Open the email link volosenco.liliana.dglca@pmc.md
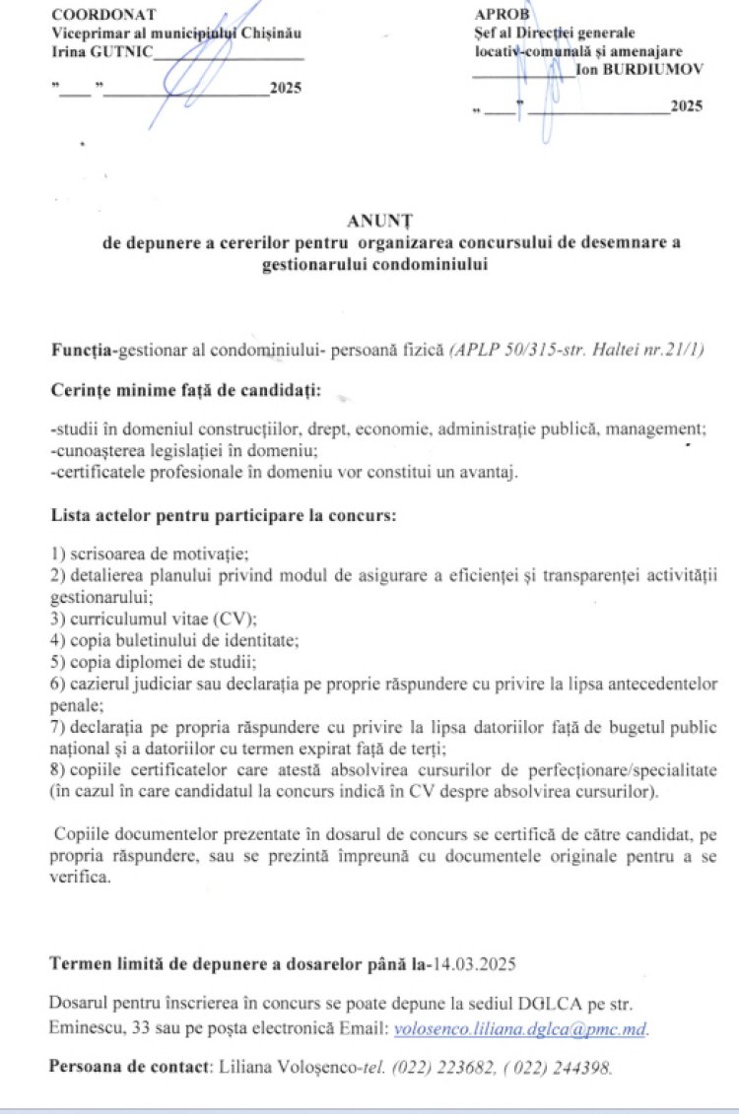(x=520, y=1028)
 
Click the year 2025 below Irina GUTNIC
(x=286, y=89)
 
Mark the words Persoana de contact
(x=128, y=1067)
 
